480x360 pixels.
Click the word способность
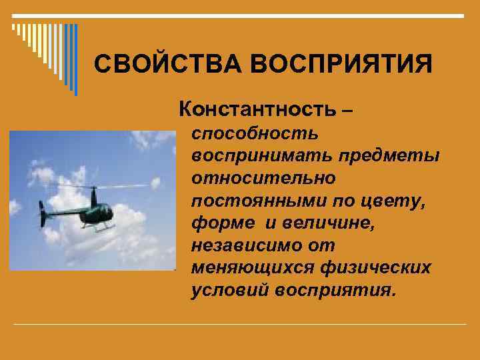255,134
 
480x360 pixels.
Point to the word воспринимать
262,156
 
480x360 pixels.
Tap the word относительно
263,178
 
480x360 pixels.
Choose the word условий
226,290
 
